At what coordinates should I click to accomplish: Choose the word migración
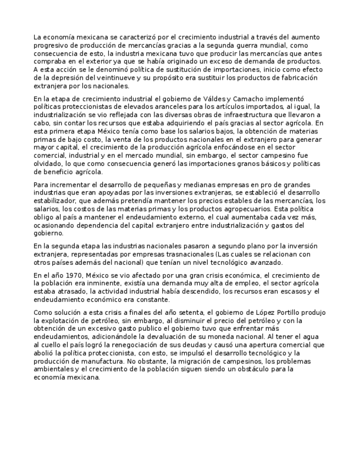pos(191,361)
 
